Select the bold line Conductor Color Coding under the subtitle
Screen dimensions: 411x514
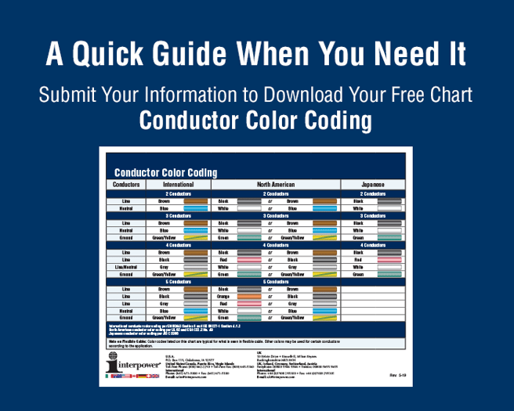pyautogui.click(x=255, y=121)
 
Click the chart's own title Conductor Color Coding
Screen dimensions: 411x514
pyautogui.click(x=165, y=172)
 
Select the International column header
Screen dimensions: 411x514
pyautogui.click(x=178, y=185)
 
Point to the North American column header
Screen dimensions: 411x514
pyautogui.click(x=275, y=185)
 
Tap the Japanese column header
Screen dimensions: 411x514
pyautogui.click(x=372, y=185)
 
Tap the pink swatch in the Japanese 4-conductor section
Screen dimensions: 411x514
pyautogui.click(x=389, y=260)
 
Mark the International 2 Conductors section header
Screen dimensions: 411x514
pyautogui.click(x=178, y=193)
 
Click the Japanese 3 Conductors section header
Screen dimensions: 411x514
pyautogui.click(x=372, y=215)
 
